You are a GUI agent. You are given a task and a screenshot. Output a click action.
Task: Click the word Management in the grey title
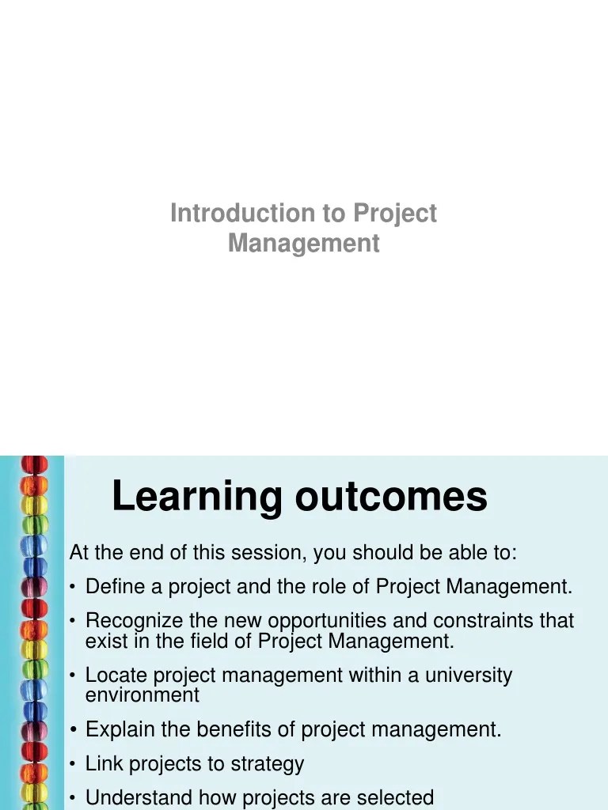pyautogui.click(x=304, y=243)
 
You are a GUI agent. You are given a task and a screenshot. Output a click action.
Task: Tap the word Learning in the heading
pyautogui.click(x=197, y=497)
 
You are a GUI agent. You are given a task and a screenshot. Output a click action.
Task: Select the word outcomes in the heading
pyautogui.click(x=391, y=497)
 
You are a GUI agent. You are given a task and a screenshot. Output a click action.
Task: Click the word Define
pyautogui.click(x=113, y=587)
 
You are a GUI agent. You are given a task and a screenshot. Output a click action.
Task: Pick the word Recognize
pyautogui.click(x=133, y=621)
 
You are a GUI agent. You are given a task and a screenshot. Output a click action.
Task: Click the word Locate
pyautogui.click(x=116, y=676)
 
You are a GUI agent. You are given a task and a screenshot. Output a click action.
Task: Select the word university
pyautogui.click(x=467, y=676)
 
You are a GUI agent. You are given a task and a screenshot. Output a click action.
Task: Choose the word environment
pyautogui.click(x=142, y=695)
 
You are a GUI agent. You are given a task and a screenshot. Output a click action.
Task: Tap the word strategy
pyautogui.click(x=268, y=764)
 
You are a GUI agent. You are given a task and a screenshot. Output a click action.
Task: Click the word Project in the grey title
pyautogui.click(x=394, y=214)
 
